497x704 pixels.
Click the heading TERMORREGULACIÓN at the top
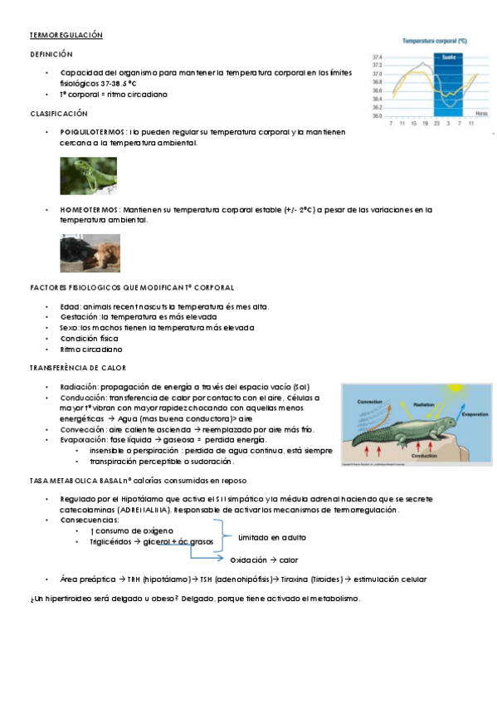tap(66, 36)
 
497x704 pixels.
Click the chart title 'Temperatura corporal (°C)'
tap(434, 40)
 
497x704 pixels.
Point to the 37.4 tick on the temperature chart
tap(378, 56)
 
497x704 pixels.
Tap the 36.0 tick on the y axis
tap(378, 116)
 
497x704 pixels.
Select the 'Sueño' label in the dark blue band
tap(447, 57)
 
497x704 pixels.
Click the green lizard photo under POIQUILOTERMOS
tap(82, 175)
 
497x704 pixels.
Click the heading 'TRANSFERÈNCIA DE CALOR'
tap(77, 368)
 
